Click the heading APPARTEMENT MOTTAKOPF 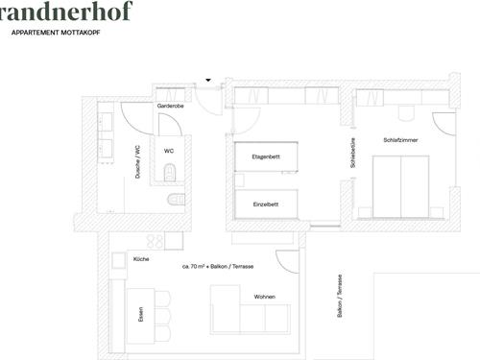pos(56,33)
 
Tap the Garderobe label pos(171,106)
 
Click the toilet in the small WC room pos(170,172)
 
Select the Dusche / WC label pos(138,162)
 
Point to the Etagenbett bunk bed pos(266,156)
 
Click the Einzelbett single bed pos(266,204)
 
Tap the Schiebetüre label pos(352,153)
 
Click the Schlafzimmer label pos(400,140)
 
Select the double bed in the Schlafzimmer pos(401,187)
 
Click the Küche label pos(141,259)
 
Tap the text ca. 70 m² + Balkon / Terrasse pos(218,266)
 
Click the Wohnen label pos(265,297)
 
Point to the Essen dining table pos(141,316)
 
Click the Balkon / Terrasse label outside pos(340,296)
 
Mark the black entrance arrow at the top pos(208,80)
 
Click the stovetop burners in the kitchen pos(156,241)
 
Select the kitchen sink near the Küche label pos(118,260)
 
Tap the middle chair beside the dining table pos(162,316)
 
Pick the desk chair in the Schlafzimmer pos(406,113)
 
